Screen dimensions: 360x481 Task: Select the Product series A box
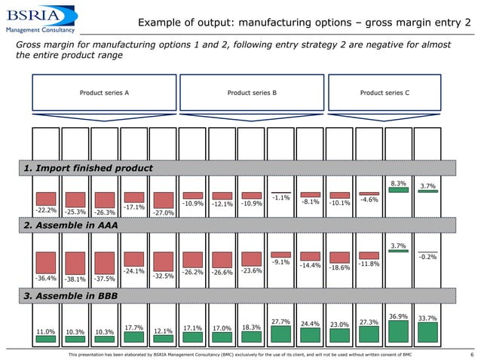coord(104,93)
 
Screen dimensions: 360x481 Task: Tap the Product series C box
coord(384,93)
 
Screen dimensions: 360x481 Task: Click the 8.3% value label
coord(399,182)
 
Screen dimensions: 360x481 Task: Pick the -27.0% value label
coord(164,213)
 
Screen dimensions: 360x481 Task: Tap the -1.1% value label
coord(281,197)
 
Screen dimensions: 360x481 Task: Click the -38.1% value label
coord(75,278)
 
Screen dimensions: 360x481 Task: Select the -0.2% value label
coord(428,257)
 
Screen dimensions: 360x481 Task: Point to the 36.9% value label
coord(399,316)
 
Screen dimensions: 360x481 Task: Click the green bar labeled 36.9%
coord(399,331)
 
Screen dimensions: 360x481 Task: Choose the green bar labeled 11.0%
coord(46,339)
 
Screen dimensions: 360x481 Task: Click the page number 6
coord(471,354)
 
